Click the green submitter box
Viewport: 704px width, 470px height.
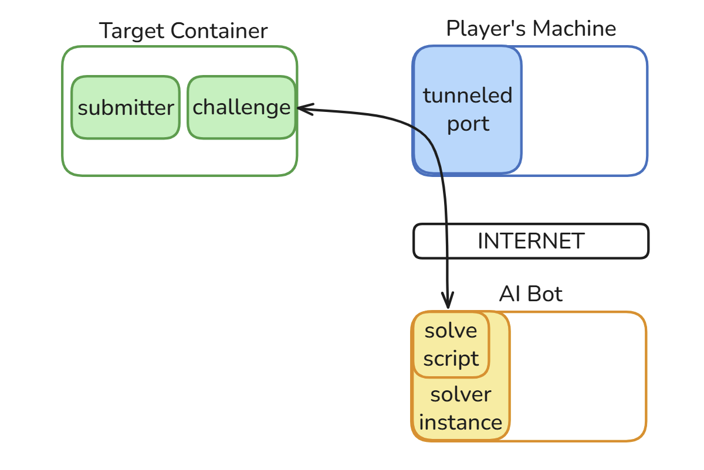click(x=126, y=108)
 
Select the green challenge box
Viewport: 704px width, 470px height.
click(x=241, y=108)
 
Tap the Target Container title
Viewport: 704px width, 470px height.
click(x=183, y=30)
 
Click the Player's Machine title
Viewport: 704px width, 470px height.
click(x=531, y=28)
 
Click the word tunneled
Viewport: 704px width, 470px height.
click(x=468, y=95)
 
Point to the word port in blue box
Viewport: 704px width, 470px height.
click(x=468, y=124)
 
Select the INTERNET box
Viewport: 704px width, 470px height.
click(x=531, y=241)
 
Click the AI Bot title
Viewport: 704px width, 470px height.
click(x=531, y=294)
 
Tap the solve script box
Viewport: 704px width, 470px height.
click(x=451, y=345)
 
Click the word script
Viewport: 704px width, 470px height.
click(x=451, y=359)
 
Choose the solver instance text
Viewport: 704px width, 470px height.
click(x=461, y=408)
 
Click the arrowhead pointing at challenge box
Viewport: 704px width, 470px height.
click(x=302, y=108)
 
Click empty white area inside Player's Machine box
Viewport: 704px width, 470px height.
click(x=584, y=111)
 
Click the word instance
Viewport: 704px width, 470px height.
click(x=461, y=423)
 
